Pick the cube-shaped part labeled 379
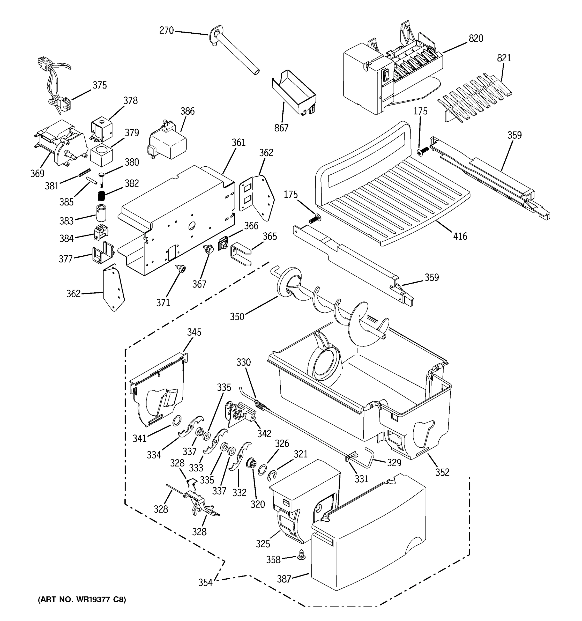101,155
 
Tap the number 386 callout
187,111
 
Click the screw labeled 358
301,555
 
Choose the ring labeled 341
176,421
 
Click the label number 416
460,236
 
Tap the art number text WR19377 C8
81,600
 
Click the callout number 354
205,583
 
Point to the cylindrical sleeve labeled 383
101,213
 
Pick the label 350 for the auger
237,317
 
